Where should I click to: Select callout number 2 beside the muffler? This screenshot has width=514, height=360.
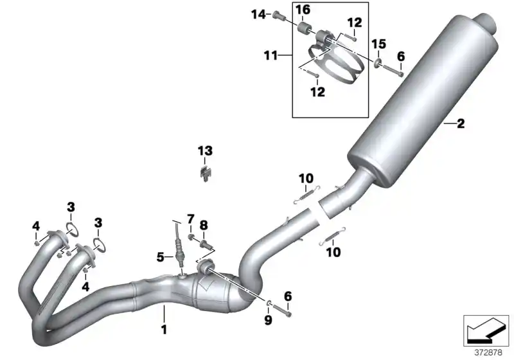460,124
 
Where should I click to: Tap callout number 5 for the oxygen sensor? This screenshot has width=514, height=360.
159,258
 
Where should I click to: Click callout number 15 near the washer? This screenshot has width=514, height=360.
379,44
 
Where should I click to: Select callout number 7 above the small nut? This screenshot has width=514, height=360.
190,219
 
